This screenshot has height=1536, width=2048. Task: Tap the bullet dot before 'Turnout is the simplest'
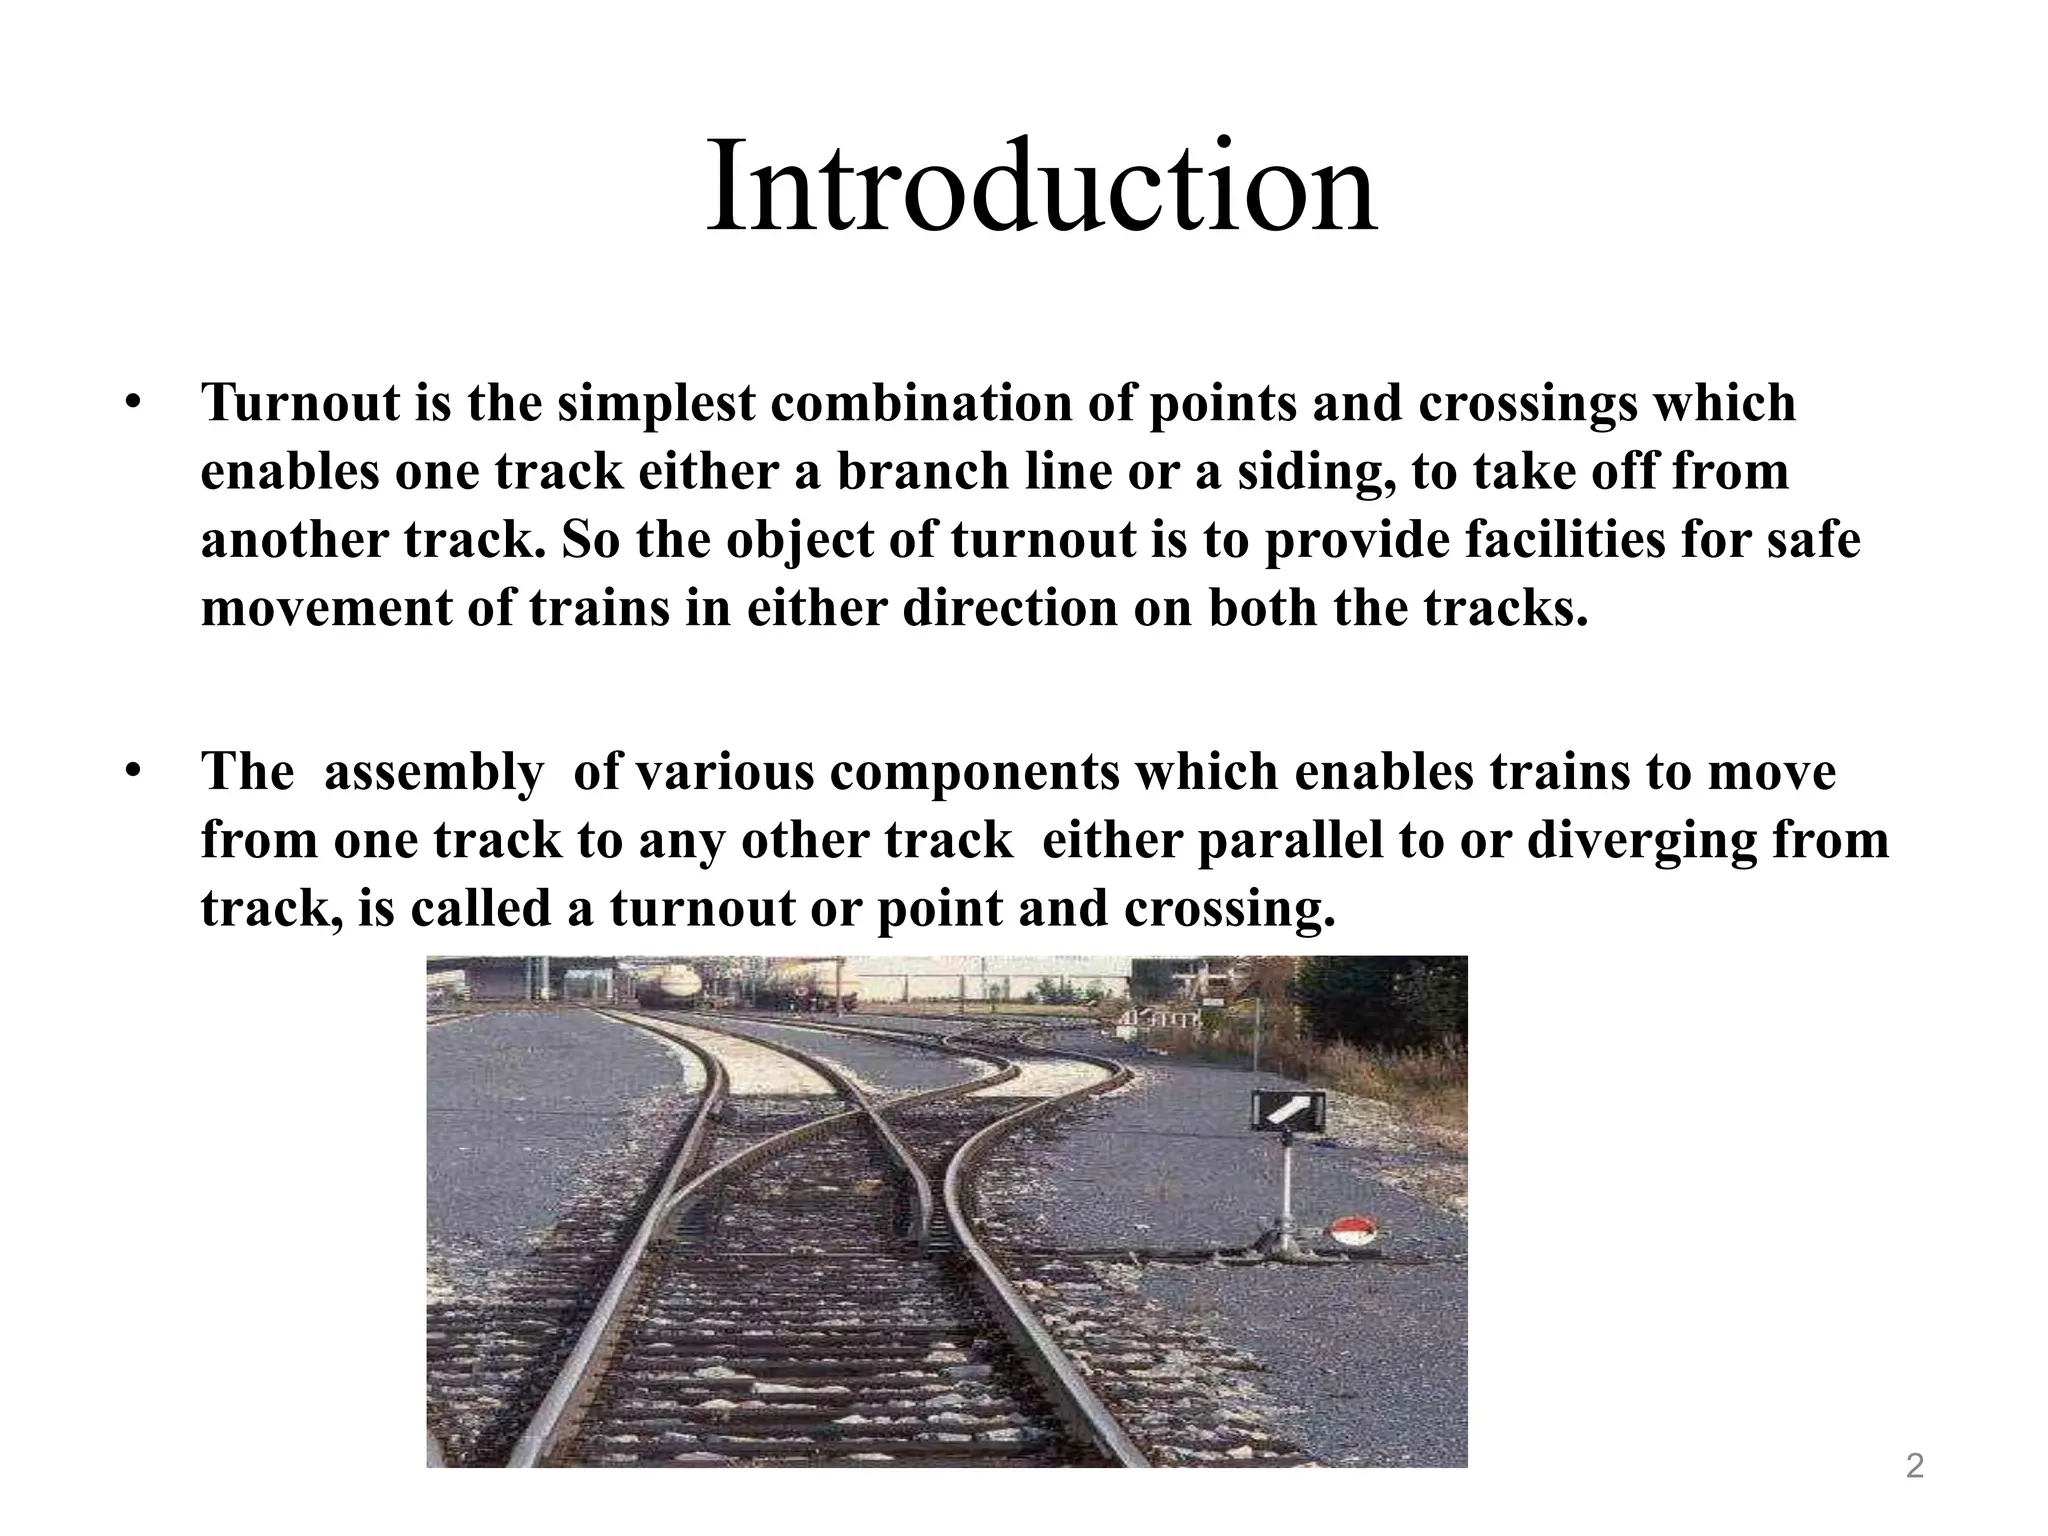[132, 403]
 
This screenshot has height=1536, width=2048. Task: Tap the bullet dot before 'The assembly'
[132, 772]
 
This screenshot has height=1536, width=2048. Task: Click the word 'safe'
[1812, 540]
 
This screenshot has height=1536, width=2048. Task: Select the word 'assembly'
[432, 772]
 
